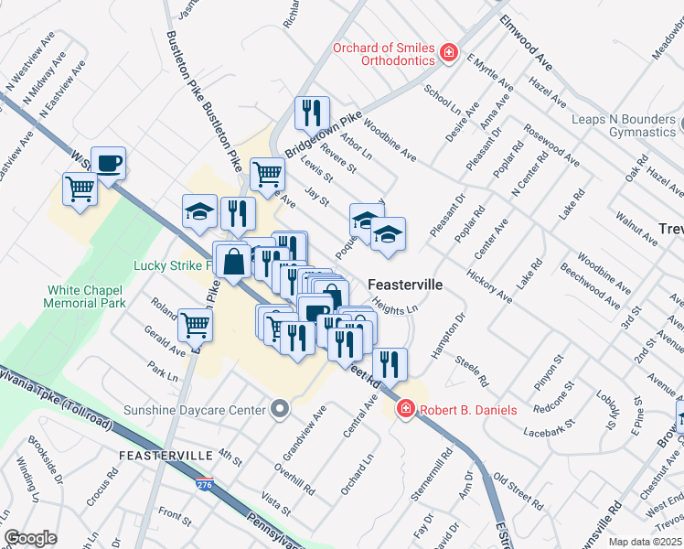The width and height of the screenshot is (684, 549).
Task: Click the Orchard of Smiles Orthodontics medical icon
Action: tap(449, 53)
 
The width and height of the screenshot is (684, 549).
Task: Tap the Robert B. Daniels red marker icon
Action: tap(405, 410)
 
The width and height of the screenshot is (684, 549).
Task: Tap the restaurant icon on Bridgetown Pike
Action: tap(312, 113)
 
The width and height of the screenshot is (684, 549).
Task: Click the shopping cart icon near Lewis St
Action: tap(267, 172)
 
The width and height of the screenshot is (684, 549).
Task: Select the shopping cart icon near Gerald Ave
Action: tap(196, 324)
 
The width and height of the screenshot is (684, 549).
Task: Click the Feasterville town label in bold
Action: tap(405, 285)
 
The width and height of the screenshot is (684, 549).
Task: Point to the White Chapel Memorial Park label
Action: tap(86, 296)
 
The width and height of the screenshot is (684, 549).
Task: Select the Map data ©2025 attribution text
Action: tap(645, 542)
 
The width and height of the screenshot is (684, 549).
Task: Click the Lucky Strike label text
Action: tap(173, 266)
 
